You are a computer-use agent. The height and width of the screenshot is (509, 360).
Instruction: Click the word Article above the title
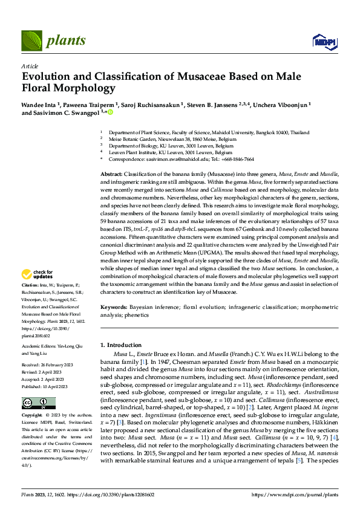tap(30, 66)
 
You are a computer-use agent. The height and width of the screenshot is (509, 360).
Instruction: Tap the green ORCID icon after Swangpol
tap(111, 112)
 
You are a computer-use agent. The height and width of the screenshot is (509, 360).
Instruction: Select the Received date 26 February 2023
tap(45, 366)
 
